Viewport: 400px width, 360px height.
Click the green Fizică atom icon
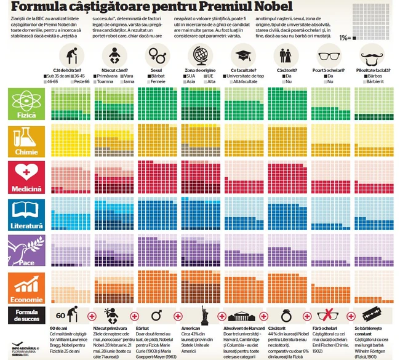tap(25, 100)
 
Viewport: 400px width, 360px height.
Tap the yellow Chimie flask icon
tap(25, 136)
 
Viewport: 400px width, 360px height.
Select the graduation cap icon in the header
tap(243, 57)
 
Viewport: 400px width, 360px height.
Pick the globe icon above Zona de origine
tap(199, 57)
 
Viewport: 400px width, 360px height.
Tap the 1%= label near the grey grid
tap(346, 38)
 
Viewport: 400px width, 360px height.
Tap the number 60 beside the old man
tap(60, 316)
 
